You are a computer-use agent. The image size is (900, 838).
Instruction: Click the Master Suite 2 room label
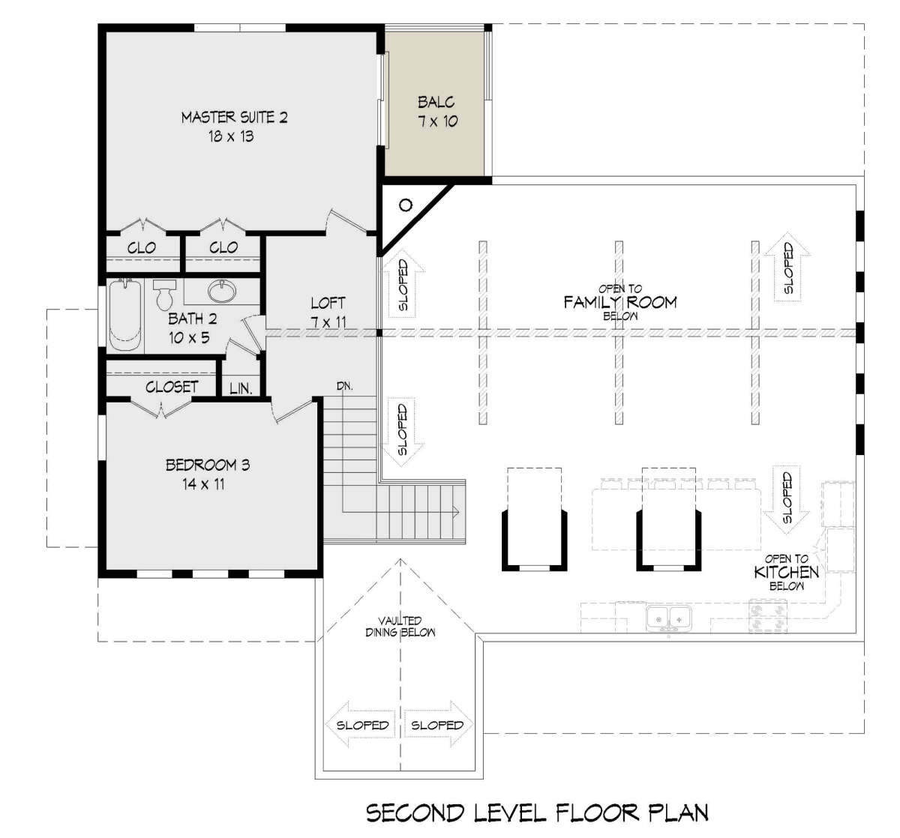(234, 118)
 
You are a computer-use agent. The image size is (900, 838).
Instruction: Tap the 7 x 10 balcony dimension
(437, 121)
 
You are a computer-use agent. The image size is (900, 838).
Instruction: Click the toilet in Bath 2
(164, 295)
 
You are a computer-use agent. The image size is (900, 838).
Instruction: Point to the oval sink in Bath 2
(221, 290)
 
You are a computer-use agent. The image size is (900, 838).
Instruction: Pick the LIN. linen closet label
(241, 388)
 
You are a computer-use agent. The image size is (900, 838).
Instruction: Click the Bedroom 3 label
(208, 465)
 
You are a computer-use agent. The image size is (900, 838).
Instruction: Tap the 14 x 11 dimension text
(203, 484)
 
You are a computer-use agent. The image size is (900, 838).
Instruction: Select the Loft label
(328, 303)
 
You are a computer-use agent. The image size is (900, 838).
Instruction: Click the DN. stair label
(344, 386)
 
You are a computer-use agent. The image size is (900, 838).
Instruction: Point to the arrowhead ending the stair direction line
(457, 512)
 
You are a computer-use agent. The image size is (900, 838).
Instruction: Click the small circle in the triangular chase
(406, 205)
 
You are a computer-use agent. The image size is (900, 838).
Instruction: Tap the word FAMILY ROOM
(620, 302)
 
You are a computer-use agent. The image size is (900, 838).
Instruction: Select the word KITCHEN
(786, 572)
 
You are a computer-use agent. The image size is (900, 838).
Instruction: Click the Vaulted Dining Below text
(400, 627)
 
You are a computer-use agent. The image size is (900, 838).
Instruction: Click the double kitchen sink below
(669, 618)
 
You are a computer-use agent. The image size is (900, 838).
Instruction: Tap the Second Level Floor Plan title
(537, 813)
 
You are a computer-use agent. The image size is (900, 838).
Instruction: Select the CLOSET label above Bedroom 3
(172, 387)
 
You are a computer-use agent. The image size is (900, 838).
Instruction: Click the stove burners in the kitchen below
(768, 617)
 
